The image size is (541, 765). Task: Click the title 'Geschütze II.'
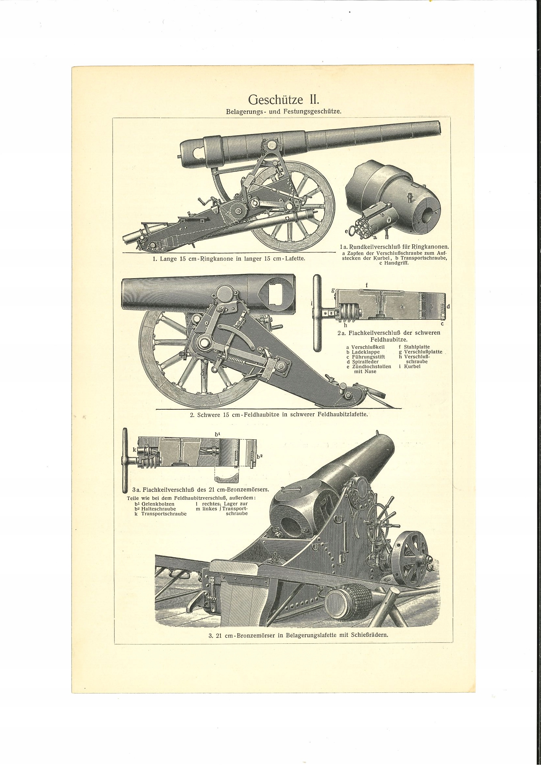(x=284, y=99)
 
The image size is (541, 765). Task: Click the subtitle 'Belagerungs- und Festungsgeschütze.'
(x=284, y=112)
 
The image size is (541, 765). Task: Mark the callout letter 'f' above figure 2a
(x=367, y=285)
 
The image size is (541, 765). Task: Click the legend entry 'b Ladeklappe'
(x=363, y=352)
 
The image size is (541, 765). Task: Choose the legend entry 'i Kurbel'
(x=410, y=366)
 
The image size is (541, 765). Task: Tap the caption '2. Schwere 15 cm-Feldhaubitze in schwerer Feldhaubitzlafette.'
(x=279, y=415)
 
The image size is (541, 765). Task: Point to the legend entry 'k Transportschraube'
(x=161, y=514)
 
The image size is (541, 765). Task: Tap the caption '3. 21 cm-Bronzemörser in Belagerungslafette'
(x=298, y=635)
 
